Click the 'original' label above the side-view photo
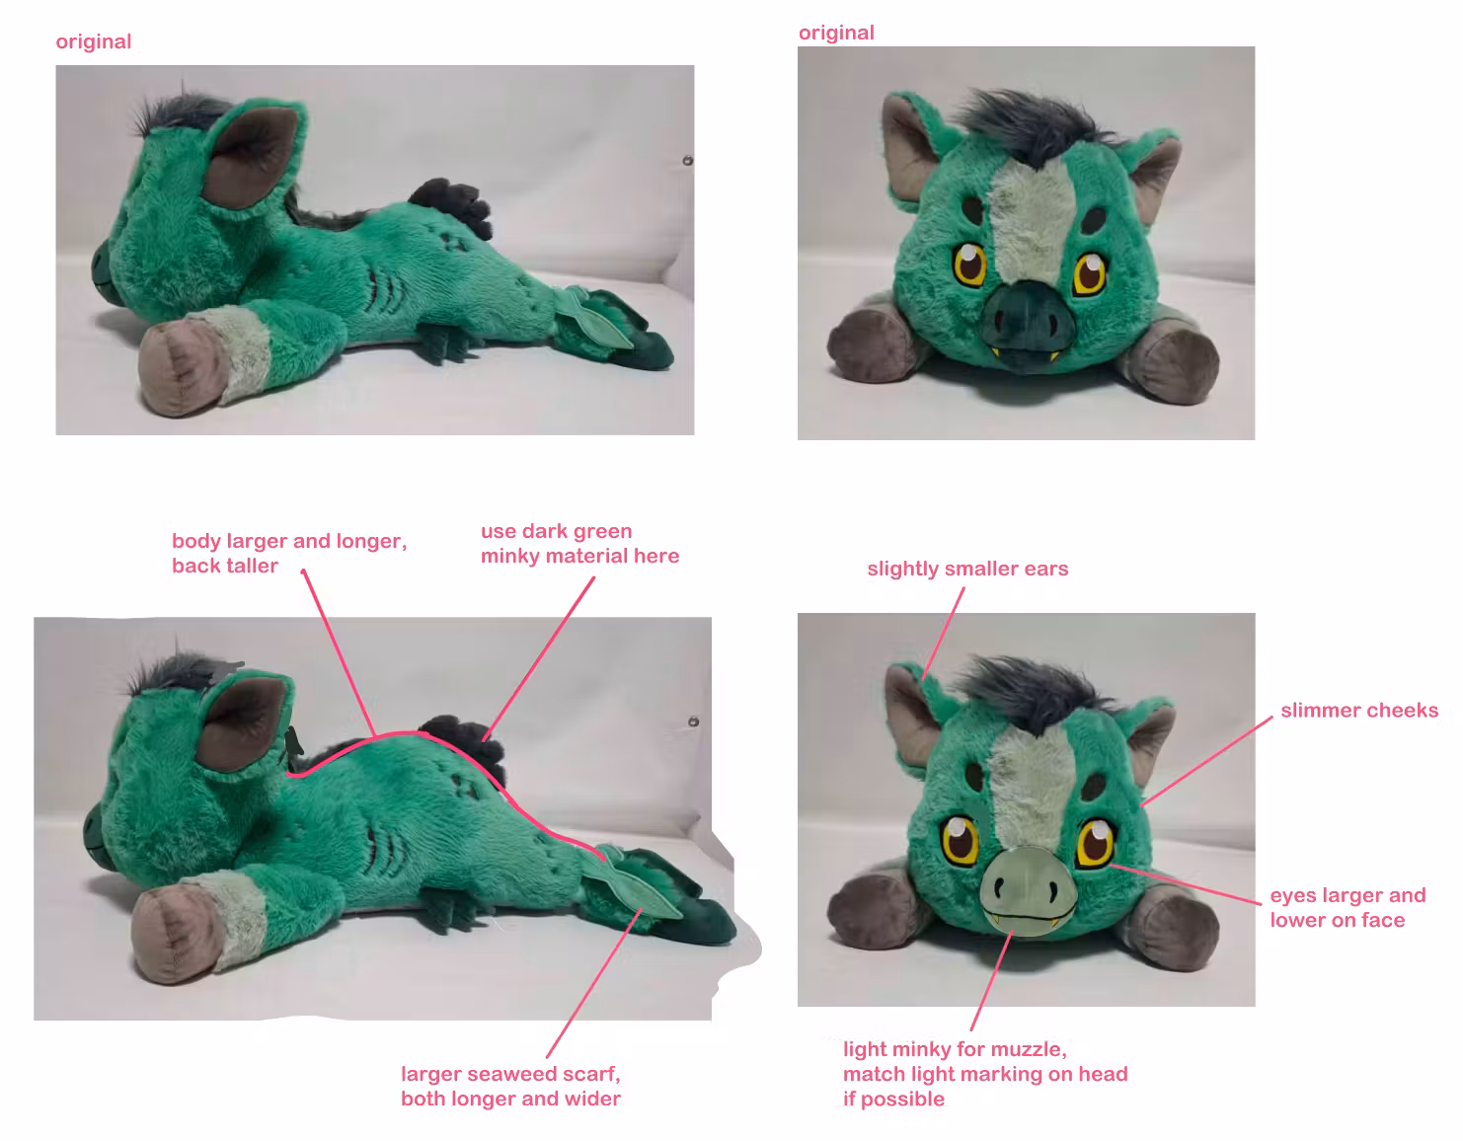94,41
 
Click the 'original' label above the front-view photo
836,33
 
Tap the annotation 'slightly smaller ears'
967,569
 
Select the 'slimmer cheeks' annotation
1359,711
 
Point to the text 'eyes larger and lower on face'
1347,907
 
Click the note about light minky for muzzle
985,1074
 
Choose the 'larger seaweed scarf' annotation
510,1086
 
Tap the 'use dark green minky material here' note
579,543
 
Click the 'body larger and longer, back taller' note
289,554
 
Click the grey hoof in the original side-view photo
179,367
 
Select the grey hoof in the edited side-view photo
172,935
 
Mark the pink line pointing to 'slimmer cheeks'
1206,761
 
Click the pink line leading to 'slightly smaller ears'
943,633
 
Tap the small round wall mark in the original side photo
687,160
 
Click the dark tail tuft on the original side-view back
451,205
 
